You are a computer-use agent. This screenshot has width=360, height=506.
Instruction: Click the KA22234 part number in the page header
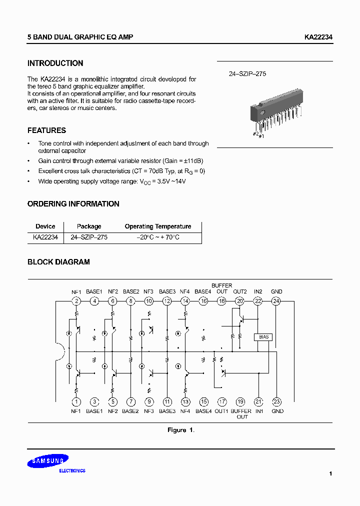pyautogui.click(x=318, y=37)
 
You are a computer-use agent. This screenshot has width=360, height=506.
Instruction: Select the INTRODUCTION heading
pyautogui.click(x=55, y=63)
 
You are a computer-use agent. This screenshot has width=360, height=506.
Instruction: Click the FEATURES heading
pyautogui.click(x=46, y=130)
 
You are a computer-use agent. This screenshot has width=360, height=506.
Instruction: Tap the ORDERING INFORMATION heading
pyautogui.click(x=73, y=204)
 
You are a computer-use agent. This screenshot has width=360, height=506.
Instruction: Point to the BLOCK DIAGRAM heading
pyautogui.click(x=58, y=262)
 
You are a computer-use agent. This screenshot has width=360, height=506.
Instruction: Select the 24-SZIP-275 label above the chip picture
pyautogui.click(x=247, y=73)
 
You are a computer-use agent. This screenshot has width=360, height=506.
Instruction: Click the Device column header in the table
pyautogui.click(x=45, y=226)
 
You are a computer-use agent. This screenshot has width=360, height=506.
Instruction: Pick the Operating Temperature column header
pyautogui.click(x=157, y=226)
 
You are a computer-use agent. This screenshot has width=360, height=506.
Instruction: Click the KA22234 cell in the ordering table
pyautogui.click(x=45, y=237)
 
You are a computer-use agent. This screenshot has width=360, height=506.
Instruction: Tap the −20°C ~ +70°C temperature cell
pyautogui.click(x=157, y=237)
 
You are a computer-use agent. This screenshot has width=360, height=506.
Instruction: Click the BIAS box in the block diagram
pyautogui.click(x=263, y=337)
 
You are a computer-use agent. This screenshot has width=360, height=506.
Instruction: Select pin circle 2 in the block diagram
pyautogui.click(x=76, y=301)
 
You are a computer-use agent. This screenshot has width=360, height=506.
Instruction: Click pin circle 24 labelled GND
pyautogui.click(x=276, y=301)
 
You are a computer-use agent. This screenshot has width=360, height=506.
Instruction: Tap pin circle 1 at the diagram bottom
pyautogui.click(x=76, y=401)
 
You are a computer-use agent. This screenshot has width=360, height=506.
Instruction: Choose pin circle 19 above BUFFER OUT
pyautogui.click(x=240, y=401)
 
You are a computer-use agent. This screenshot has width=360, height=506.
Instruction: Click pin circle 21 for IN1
pyautogui.click(x=258, y=401)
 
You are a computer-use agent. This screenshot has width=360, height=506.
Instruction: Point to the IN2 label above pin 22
pyautogui.click(x=258, y=291)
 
